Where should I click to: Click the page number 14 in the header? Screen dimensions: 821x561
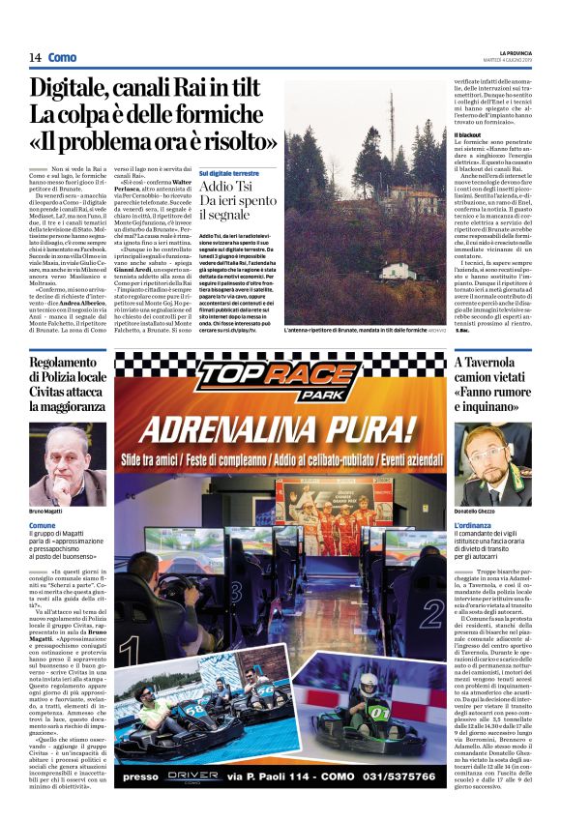(35, 57)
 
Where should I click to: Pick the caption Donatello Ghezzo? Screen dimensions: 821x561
(480, 511)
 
